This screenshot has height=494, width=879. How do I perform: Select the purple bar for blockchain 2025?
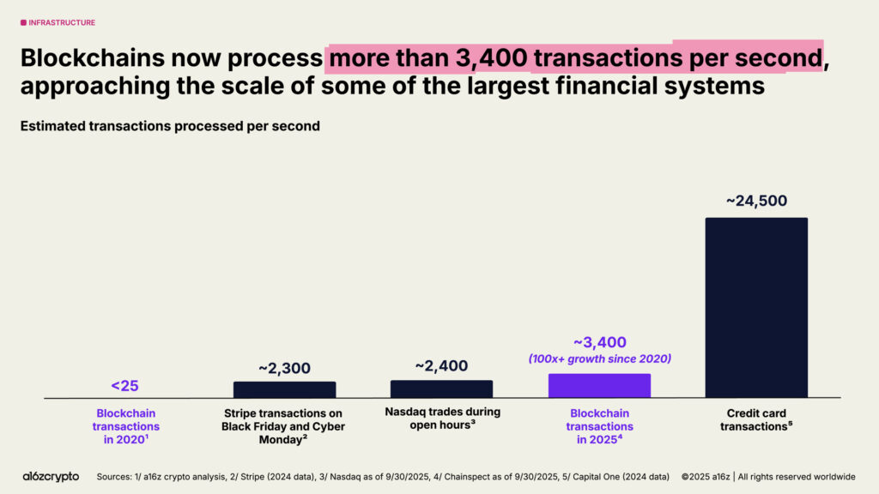click(x=599, y=386)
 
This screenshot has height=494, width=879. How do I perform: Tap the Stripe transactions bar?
click(x=284, y=389)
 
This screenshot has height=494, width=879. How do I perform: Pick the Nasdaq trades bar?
click(x=441, y=389)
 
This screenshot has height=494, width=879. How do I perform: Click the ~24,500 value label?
click(x=756, y=202)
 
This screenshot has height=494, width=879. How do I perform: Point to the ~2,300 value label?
click(x=284, y=367)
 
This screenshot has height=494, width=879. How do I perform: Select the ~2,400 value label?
click(x=441, y=365)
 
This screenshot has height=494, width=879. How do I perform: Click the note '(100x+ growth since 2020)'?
click(x=599, y=359)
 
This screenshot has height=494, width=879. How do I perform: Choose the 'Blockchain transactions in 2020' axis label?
click(x=127, y=425)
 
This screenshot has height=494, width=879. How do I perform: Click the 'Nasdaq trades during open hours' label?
click(x=442, y=418)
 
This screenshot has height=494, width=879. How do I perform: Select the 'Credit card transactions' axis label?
click(x=756, y=419)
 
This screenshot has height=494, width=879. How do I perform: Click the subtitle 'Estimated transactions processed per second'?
click(x=170, y=126)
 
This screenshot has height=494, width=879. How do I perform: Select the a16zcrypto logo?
click(x=50, y=476)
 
